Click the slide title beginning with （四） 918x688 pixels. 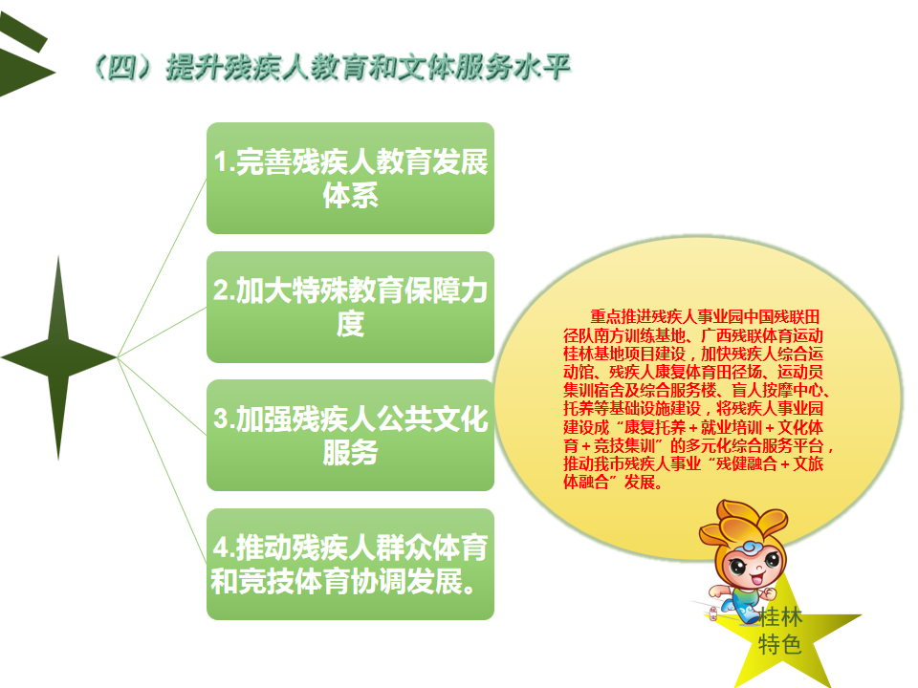[331, 67]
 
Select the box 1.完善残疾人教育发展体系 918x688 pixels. [350, 178]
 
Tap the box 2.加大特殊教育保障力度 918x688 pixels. [350, 307]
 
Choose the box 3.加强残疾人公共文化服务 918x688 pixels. [350, 436]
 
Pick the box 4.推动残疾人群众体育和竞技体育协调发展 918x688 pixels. [350, 564]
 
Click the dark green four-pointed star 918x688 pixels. [58, 356]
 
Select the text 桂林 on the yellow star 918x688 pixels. [780, 616]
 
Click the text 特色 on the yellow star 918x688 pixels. [780, 645]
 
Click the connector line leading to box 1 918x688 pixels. [163, 268]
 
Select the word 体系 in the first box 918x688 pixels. [350, 195]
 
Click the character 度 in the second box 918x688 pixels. [350, 324]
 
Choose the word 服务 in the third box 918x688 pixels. [350, 453]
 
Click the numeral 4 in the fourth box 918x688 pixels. [221, 548]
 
